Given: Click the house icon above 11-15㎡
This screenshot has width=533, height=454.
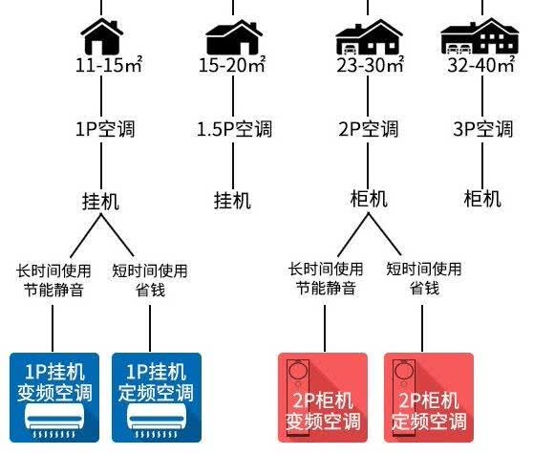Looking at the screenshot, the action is [101, 36].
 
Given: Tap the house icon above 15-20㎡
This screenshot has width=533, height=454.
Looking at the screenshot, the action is [234, 37].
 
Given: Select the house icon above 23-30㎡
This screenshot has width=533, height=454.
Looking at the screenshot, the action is [369, 37].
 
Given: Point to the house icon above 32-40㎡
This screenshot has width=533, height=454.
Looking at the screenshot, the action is [480, 36].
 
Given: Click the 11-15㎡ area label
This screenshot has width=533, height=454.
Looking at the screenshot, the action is [109, 65].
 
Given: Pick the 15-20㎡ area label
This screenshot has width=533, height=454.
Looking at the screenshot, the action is [232, 65].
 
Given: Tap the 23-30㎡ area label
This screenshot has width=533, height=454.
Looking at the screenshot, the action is [371, 65].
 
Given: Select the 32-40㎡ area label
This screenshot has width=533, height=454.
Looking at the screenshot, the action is [481, 65].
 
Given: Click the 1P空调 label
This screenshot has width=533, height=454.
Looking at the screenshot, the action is [105, 129].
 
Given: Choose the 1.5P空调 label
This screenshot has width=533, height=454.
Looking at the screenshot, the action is [235, 129].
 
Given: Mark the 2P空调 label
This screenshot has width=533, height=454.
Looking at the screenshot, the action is [368, 129].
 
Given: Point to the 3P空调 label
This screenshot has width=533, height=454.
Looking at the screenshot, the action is [483, 129].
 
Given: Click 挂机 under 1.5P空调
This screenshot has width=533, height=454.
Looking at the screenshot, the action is [233, 201].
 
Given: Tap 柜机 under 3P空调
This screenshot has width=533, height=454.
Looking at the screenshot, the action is [482, 199].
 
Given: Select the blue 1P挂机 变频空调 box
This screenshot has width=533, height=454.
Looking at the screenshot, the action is [54, 398].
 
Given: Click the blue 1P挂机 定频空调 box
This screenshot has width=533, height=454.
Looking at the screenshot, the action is [157, 398].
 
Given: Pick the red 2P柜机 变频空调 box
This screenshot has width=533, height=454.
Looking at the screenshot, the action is [323, 398].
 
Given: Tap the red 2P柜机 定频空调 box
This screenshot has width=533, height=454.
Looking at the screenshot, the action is [429, 398].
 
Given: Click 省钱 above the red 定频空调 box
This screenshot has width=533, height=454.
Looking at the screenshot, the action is [424, 289].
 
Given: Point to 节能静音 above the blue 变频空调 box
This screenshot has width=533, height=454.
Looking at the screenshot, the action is [53, 291].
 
